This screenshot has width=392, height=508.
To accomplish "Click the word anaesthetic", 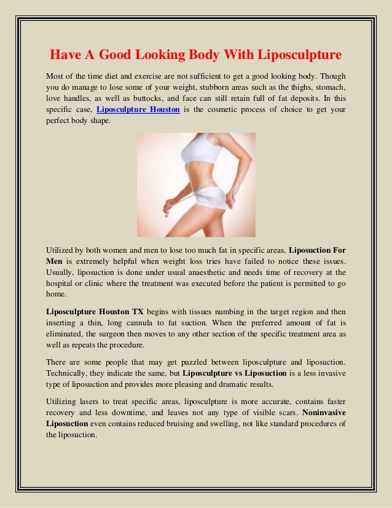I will (202, 273).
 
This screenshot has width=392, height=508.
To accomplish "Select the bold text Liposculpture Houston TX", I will (90, 311).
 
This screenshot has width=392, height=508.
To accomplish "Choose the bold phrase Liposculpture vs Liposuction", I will (235, 373).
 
